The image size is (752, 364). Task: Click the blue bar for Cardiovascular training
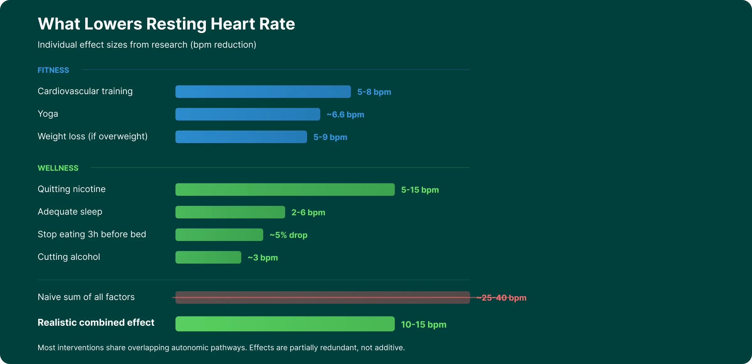pos(263,92)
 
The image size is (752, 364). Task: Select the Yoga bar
pos(248,114)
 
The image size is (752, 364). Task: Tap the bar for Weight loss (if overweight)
pos(241,137)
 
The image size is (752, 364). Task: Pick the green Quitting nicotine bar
pos(285,190)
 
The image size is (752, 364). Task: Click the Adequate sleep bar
pos(230,212)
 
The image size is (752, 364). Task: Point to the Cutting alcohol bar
pos(208,257)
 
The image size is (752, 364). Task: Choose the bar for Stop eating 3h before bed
pos(219,235)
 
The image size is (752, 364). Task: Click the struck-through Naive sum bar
pos(322,297)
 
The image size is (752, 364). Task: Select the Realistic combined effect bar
pos(285,324)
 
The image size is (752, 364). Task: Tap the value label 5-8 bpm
pos(374,92)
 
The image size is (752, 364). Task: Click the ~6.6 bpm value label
pos(345,115)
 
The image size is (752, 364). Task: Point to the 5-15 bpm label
pos(420,190)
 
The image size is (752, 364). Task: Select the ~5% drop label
pos(289,235)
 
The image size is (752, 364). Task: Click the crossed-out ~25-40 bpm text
pos(501,298)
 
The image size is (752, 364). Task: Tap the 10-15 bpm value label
pos(424,324)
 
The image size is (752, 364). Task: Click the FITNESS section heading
pos(53,70)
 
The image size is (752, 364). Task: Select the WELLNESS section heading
pos(58,168)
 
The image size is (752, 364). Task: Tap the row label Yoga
pos(48,114)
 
